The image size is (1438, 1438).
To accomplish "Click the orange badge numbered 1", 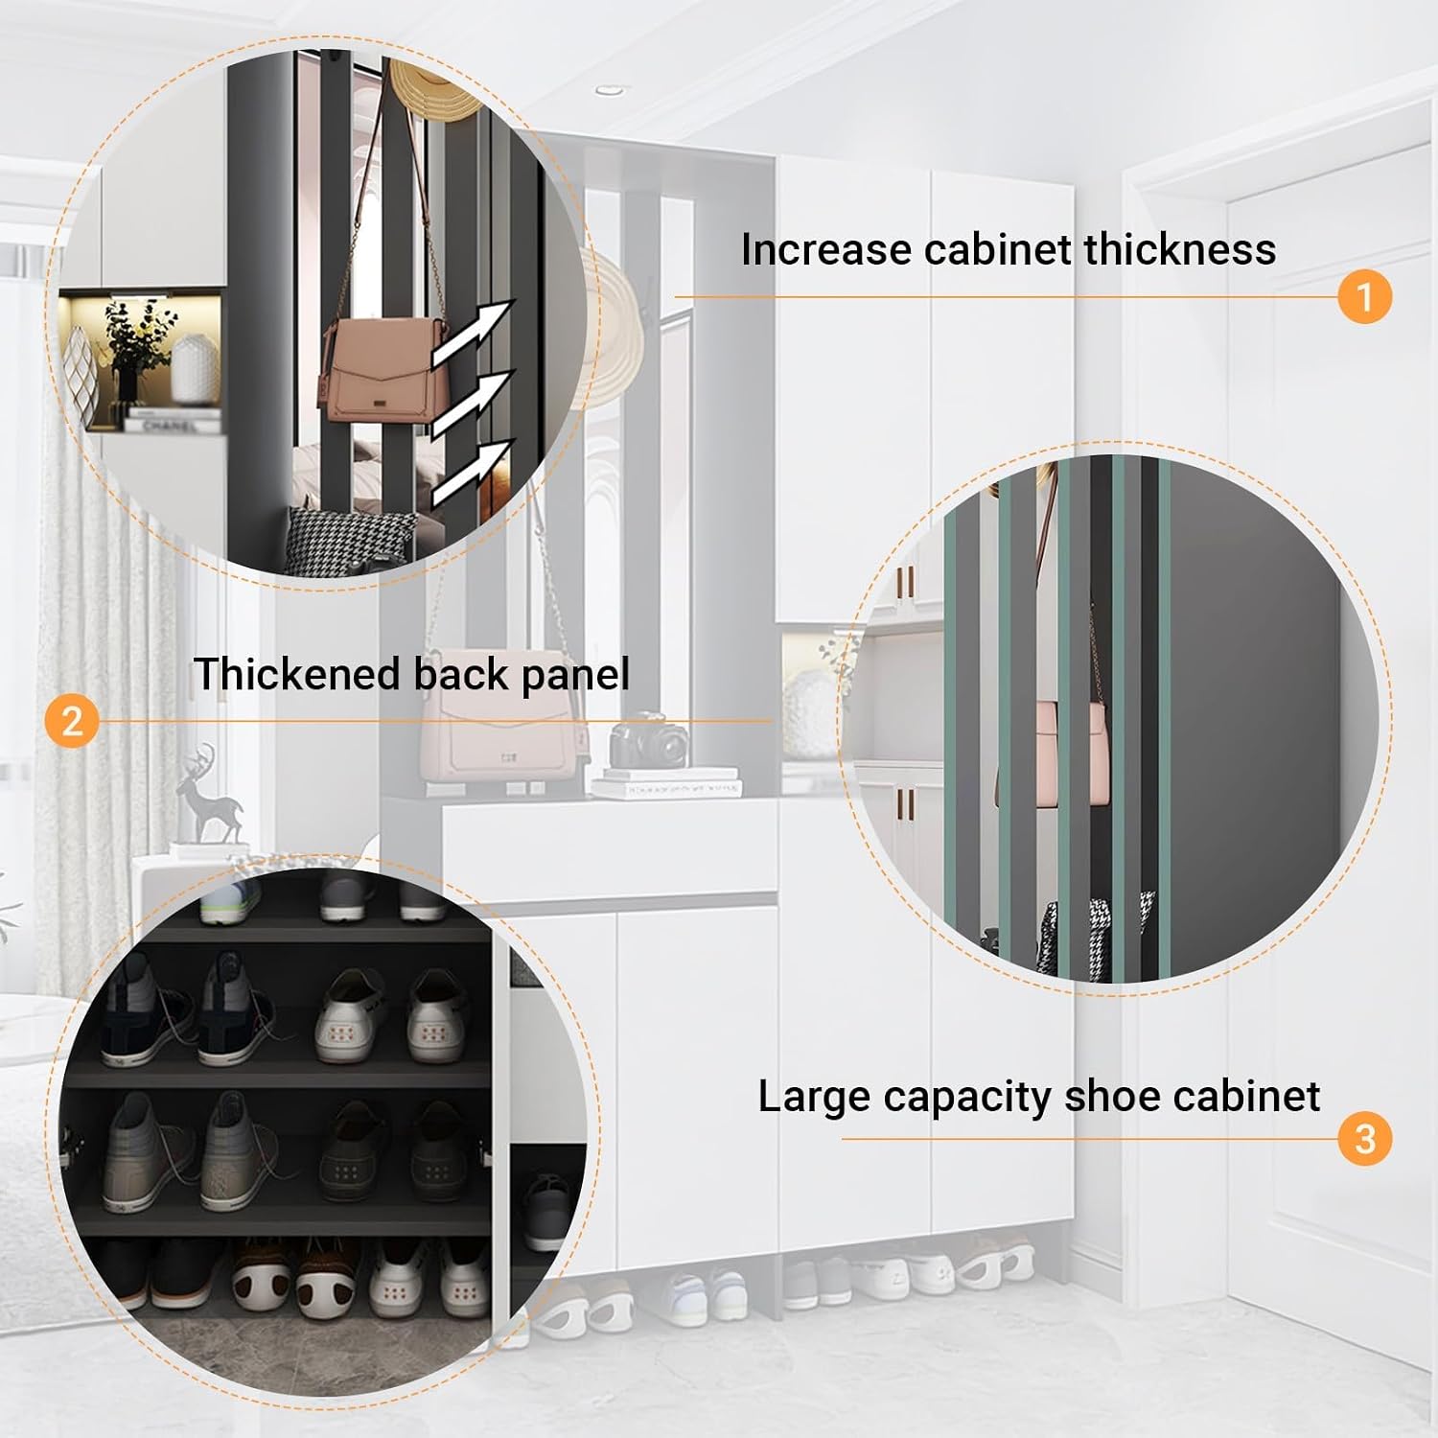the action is click(x=1364, y=296).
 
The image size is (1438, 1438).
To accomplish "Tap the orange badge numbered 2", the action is click(x=72, y=719).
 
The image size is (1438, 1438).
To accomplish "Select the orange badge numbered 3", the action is click(x=1364, y=1138).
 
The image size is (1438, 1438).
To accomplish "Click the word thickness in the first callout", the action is click(x=1180, y=249).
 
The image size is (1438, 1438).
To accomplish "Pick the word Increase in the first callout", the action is click(x=826, y=249).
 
